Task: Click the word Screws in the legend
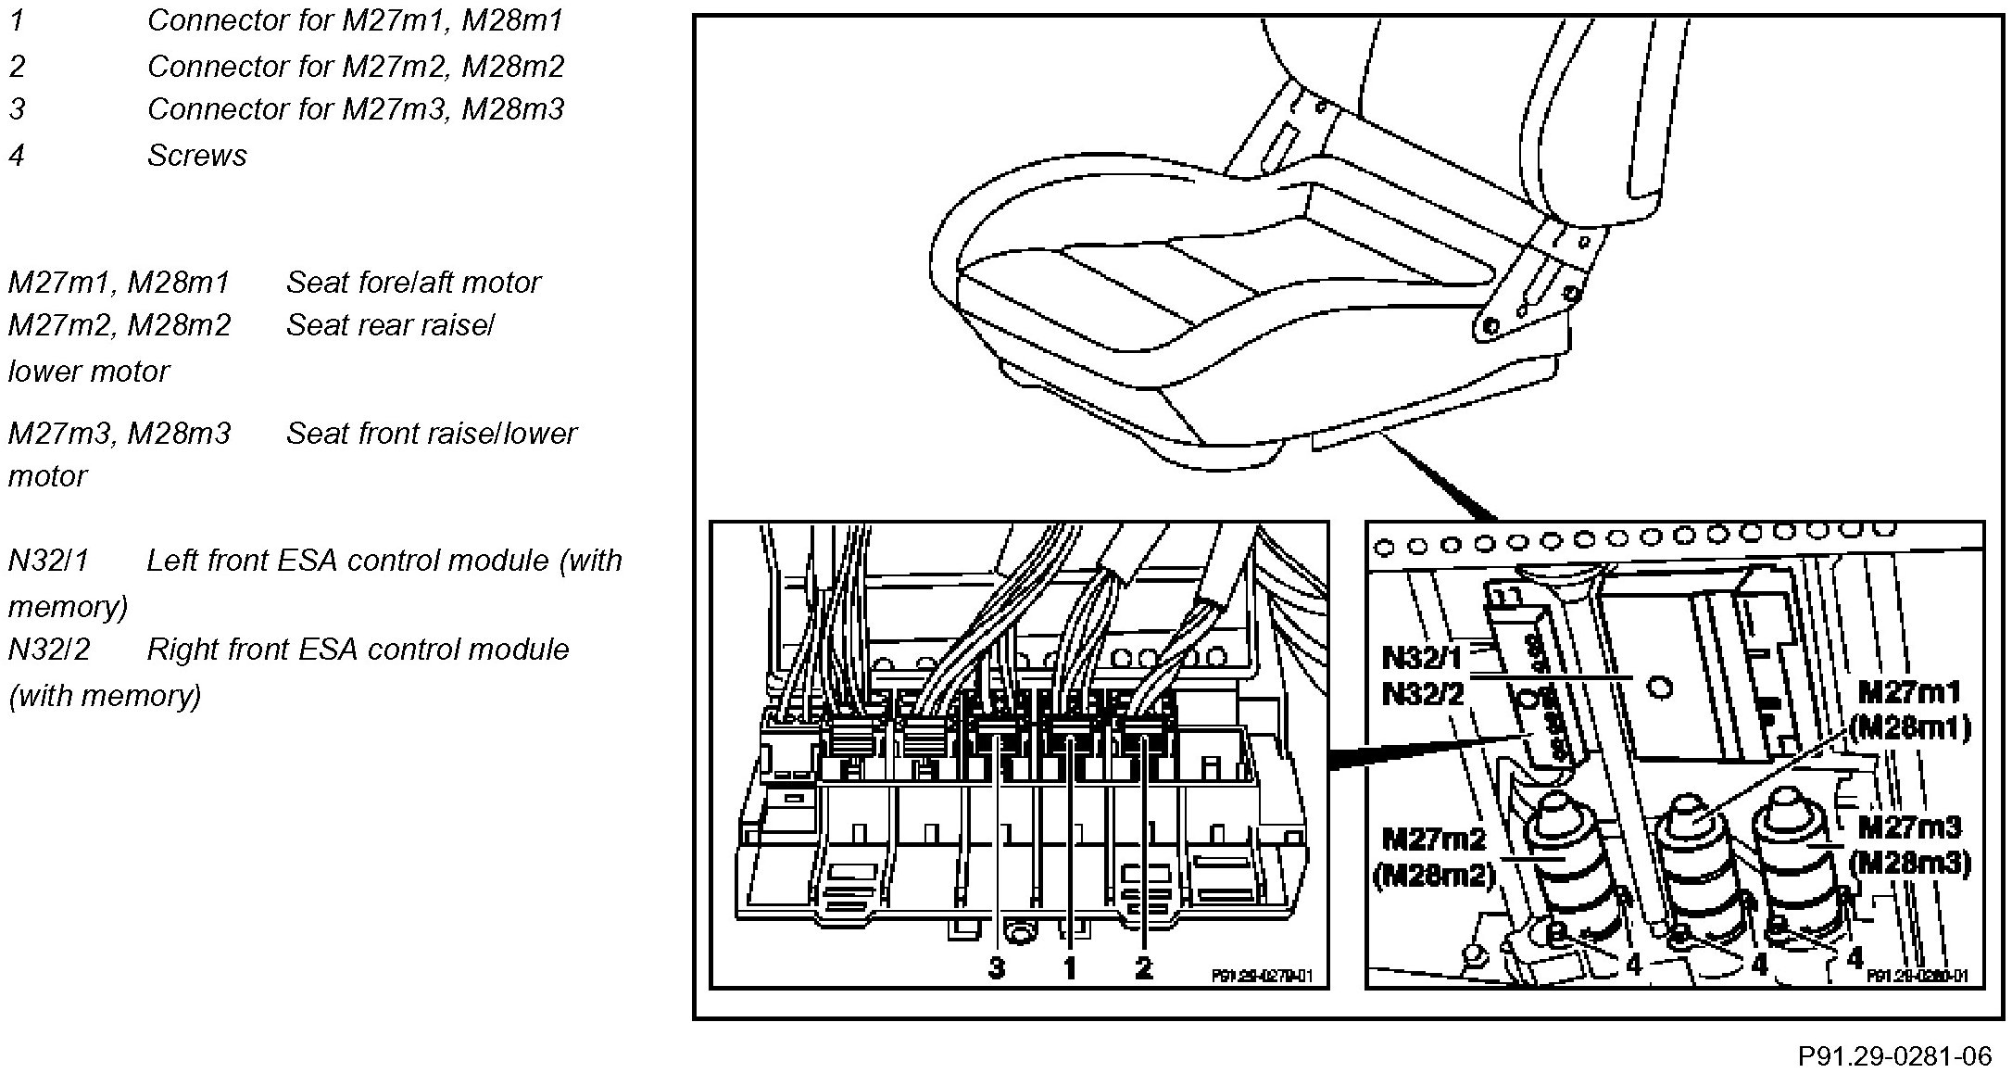(196, 156)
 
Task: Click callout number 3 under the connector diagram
(996, 968)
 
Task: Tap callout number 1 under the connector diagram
(1069, 968)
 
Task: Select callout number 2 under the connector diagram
(1143, 968)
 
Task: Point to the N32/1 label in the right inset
(1422, 658)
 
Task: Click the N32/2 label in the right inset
(1422, 693)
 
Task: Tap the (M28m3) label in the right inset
(1908, 863)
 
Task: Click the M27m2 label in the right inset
(1433, 839)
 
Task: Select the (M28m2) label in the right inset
(1433, 875)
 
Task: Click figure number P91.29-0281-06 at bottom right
(1894, 1056)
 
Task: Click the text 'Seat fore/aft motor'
(413, 283)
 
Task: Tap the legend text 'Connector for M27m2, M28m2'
(355, 67)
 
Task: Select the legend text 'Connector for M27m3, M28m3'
(355, 109)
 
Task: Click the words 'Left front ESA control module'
(347, 562)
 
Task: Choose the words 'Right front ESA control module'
(358, 650)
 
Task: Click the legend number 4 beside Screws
(16, 156)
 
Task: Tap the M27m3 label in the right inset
(1908, 827)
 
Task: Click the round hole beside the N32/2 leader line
(1661, 687)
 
